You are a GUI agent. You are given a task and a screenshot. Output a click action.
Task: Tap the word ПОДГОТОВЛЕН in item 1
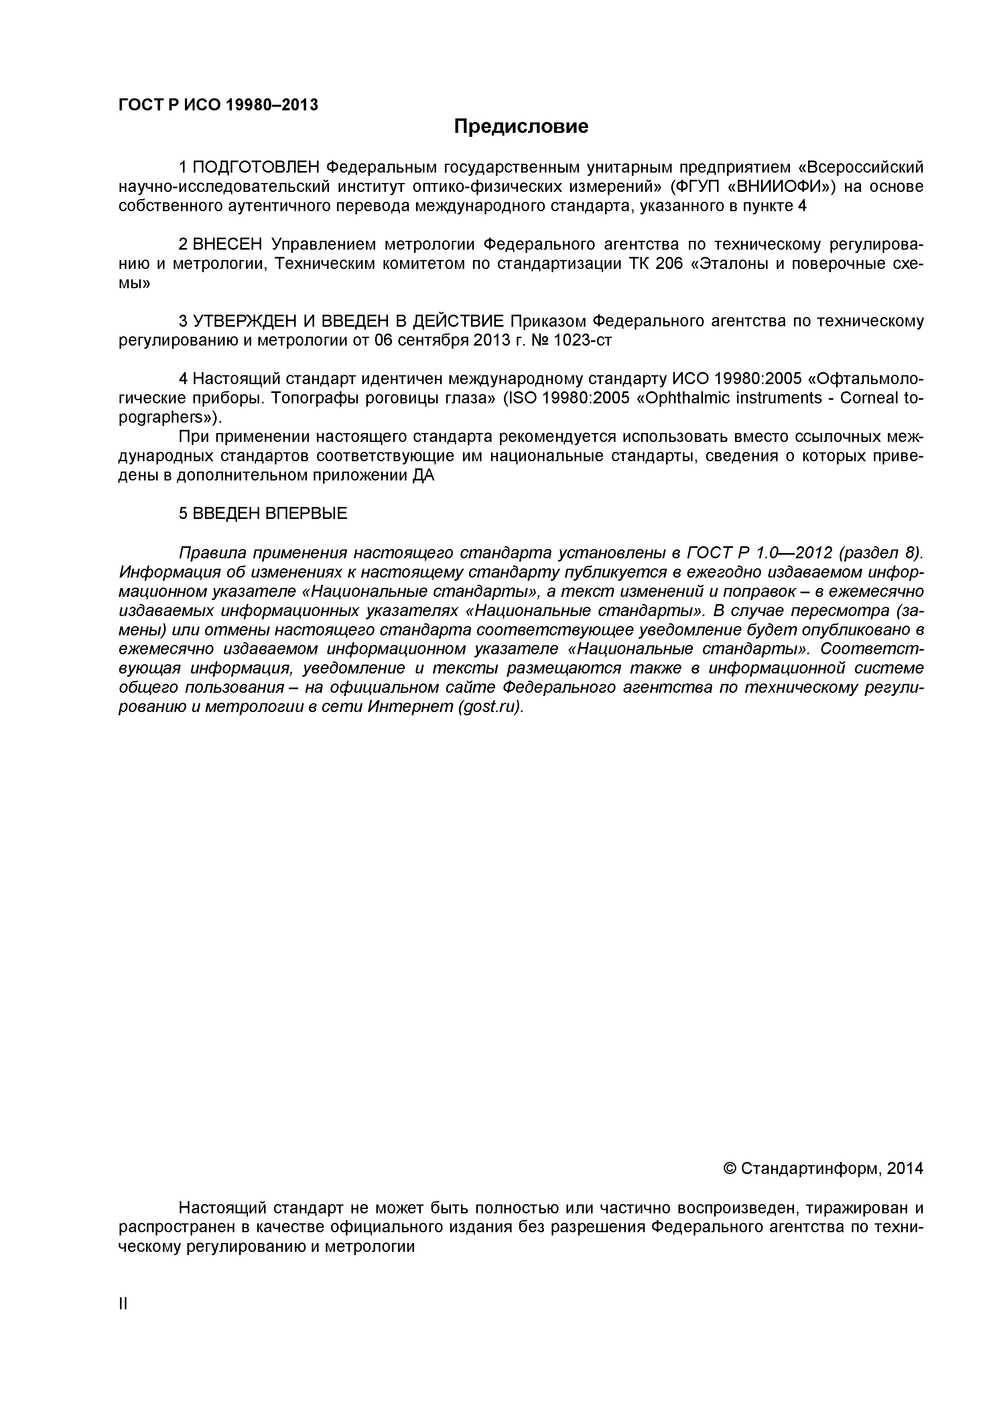tap(256, 167)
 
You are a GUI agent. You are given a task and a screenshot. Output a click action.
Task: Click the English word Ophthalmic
tap(684, 398)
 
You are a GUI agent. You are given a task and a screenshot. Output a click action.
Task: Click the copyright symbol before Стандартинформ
tap(729, 1169)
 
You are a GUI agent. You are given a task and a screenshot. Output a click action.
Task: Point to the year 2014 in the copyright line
tap(905, 1169)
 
